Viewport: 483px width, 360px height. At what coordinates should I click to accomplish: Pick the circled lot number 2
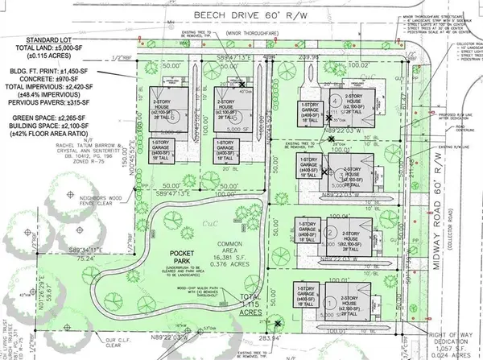[332, 233]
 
